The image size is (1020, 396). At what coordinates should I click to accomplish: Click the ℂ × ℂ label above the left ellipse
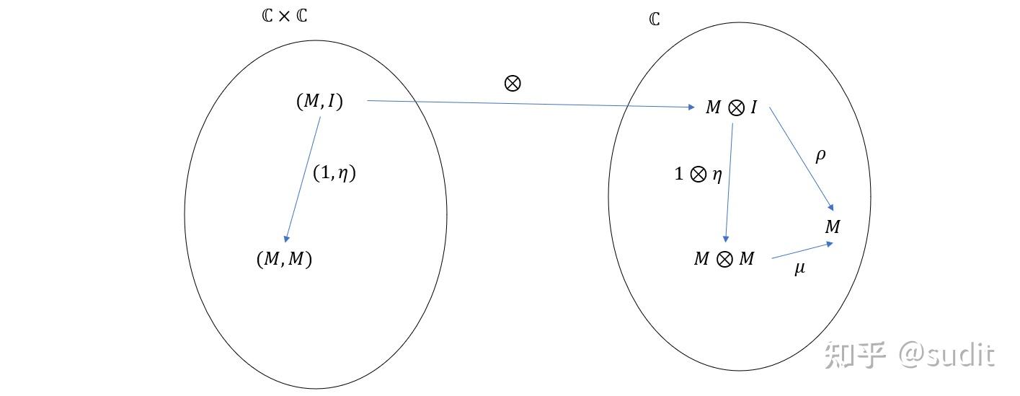(285, 16)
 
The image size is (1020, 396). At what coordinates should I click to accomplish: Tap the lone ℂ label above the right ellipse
(655, 19)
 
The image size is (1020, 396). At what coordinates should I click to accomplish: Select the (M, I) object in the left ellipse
(319, 101)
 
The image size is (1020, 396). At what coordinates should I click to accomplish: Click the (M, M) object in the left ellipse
(285, 259)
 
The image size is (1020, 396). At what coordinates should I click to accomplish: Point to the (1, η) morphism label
(334, 172)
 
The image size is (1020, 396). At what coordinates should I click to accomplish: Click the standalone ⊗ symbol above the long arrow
(513, 84)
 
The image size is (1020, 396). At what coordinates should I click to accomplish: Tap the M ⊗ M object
(724, 259)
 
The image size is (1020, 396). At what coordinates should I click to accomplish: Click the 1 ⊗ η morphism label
(698, 174)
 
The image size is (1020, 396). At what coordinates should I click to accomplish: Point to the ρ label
(820, 155)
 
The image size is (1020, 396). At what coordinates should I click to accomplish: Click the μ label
(800, 268)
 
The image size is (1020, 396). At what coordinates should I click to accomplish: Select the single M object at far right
(833, 226)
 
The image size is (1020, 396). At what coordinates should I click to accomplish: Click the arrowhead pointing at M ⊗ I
(692, 107)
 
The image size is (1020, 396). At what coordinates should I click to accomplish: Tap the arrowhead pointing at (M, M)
(286, 239)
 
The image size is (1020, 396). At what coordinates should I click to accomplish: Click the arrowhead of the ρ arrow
(831, 207)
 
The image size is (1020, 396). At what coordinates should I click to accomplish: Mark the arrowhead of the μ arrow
(830, 245)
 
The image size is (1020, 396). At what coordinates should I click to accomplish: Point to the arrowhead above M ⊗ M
(726, 239)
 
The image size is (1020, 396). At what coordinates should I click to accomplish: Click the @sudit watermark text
(946, 355)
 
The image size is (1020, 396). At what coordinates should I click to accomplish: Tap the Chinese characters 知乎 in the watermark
(855, 355)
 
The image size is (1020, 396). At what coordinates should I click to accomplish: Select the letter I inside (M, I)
(331, 100)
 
